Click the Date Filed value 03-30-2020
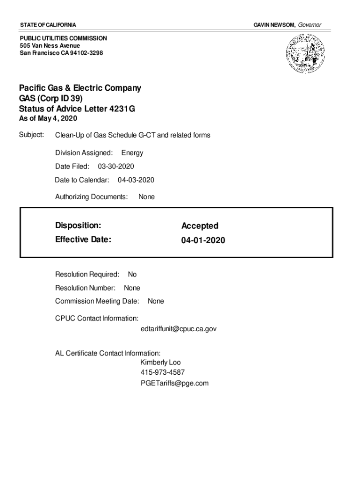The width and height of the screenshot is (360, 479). coord(116,166)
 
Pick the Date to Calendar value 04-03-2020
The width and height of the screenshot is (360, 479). coord(136,180)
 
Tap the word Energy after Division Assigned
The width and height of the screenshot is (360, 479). coord(132,152)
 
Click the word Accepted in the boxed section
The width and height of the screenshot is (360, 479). coord(200,226)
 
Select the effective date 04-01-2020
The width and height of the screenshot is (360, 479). coord(203,240)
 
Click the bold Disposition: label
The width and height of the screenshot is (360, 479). coord(78,225)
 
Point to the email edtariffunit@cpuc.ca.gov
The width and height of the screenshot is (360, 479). coord(178,329)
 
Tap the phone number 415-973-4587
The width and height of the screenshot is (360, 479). coord(162,373)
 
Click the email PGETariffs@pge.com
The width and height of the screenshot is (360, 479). coord(174,383)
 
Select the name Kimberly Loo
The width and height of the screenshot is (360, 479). coord(160,363)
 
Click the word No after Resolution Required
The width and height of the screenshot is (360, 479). coord(132,275)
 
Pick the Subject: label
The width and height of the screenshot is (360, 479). coord(31,135)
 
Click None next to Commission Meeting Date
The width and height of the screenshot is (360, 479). coord(156,301)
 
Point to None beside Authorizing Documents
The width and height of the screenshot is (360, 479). coord(146,197)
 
